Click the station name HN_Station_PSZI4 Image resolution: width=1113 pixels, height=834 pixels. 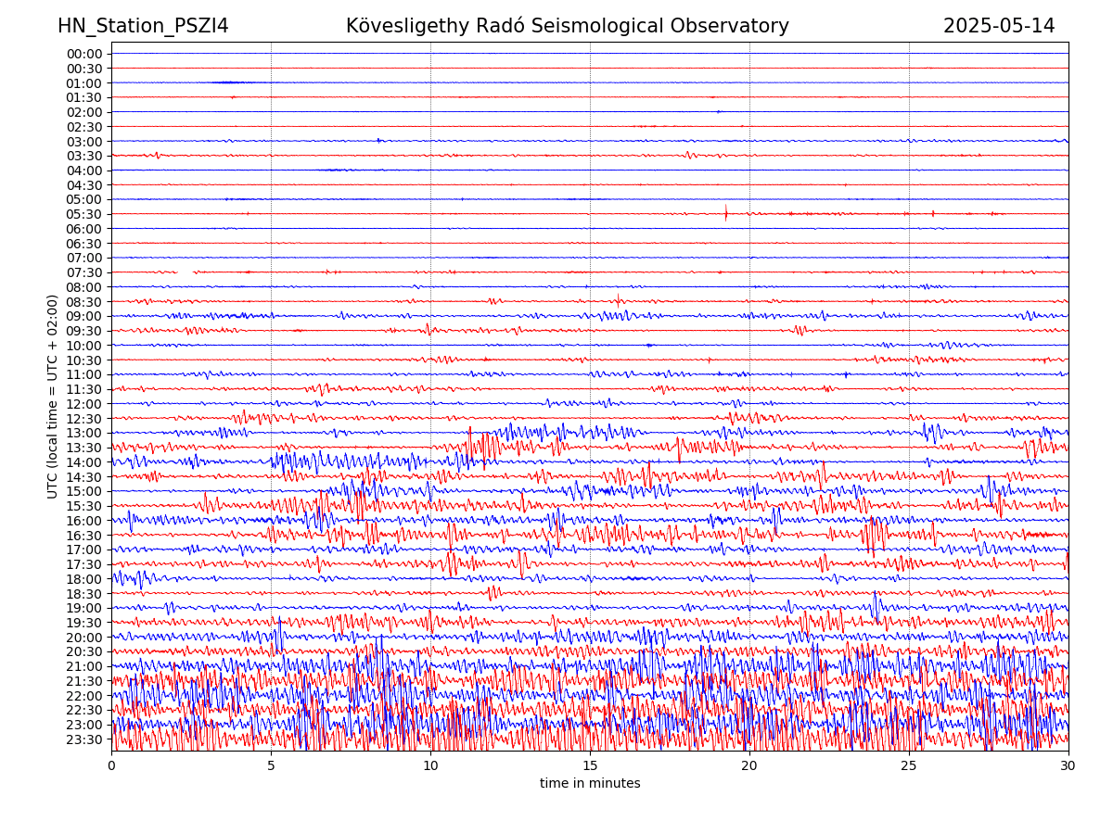pyautogui.click(x=143, y=26)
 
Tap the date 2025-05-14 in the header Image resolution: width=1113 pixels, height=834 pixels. pyautogui.click(x=999, y=26)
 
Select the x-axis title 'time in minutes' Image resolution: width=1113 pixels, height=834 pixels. pyautogui.click(x=590, y=784)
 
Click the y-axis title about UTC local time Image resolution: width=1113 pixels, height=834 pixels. pyautogui.click(x=54, y=397)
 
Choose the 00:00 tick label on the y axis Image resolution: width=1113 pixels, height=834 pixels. pyautogui.click(x=84, y=54)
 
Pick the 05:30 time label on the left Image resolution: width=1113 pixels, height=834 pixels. pyautogui.click(x=84, y=214)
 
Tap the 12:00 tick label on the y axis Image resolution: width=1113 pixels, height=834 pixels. pyautogui.click(x=84, y=404)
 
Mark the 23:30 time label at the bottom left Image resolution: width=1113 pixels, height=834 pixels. pyautogui.click(x=84, y=739)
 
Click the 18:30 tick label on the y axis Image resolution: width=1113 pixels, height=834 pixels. pyautogui.click(x=84, y=594)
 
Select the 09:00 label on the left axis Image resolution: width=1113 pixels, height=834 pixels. pyautogui.click(x=84, y=316)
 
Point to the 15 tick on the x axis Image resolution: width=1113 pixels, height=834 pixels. pyautogui.click(x=590, y=765)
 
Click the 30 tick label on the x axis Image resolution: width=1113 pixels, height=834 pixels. pyautogui.click(x=1068, y=765)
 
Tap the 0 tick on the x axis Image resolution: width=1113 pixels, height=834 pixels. pyautogui.click(x=111, y=765)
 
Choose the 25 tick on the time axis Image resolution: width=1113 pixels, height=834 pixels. pyautogui.click(x=909, y=765)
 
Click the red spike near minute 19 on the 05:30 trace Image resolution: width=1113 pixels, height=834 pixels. pyautogui.click(x=725, y=213)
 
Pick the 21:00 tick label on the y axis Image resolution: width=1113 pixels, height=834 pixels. pyautogui.click(x=84, y=666)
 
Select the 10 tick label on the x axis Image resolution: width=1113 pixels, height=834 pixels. pyautogui.click(x=430, y=765)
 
